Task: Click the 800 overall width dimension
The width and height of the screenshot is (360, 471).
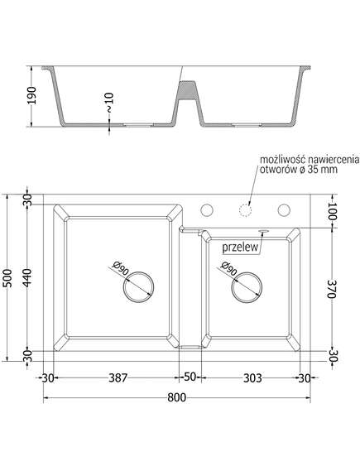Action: click(176, 397)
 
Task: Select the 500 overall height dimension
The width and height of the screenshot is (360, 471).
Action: click(9, 278)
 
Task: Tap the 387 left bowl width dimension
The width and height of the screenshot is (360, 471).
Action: click(118, 378)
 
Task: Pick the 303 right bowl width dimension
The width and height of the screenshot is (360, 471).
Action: click(252, 378)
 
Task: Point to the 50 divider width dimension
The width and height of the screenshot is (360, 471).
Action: click(190, 377)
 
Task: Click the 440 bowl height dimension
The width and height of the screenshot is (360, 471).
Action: click(27, 277)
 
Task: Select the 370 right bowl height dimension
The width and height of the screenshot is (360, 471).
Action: click(331, 289)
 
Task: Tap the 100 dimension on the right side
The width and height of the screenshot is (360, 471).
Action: click(332, 211)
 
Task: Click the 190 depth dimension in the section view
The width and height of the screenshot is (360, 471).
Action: click(31, 95)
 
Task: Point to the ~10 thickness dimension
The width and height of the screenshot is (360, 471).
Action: click(109, 103)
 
